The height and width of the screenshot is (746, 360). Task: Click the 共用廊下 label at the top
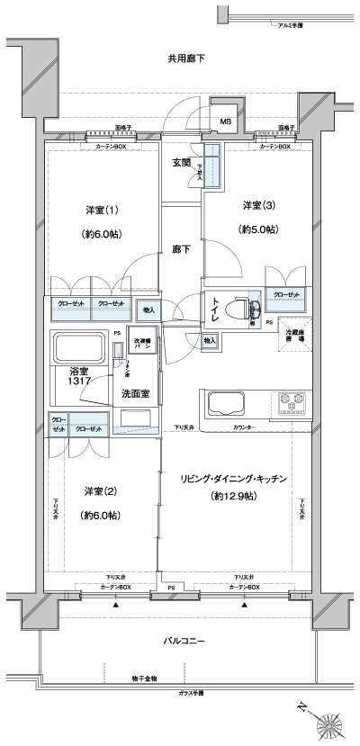pos(185,58)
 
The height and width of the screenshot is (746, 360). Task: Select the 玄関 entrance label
pos(181,163)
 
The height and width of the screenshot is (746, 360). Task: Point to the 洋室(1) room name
pos(103,210)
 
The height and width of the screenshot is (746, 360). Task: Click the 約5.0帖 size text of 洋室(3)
pos(257,229)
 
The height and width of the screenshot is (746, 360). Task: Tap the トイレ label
pos(216,315)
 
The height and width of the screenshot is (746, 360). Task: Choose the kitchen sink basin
pos(232,401)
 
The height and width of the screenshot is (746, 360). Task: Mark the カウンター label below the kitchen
pos(243,426)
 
